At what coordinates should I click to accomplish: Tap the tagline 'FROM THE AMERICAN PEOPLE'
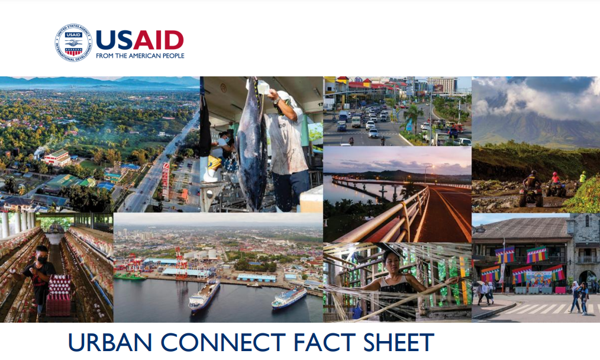(x=140, y=56)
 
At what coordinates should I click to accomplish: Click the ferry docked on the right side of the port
(x=289, y=298)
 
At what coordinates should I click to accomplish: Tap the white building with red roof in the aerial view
(x=57, y=157)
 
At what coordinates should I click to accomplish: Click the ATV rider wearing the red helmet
(x=554, y=181)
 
